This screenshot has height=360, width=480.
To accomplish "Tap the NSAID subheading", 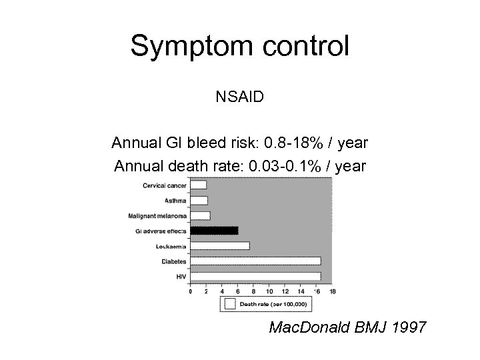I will [x=239, y=97].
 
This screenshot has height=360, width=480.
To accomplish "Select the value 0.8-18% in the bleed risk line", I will [x=294, y=143].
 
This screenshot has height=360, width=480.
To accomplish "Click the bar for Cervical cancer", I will [x=198, y=185].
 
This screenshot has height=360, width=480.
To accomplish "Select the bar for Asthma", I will [x=199, y=200].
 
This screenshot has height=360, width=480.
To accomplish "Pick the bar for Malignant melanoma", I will [x=200, y=215].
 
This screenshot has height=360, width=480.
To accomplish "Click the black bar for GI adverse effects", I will [x=214, y=231].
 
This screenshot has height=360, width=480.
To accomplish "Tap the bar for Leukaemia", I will [x=220, y=246].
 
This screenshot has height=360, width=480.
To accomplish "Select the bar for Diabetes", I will [x=255, y=261].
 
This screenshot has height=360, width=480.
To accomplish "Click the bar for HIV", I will [x=255, y=276].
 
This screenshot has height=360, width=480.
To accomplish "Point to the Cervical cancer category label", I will [x=165, y=185].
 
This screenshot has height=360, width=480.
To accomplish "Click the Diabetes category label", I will [x=174, y=261].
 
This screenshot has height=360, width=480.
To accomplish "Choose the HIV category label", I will [x=181, y=276].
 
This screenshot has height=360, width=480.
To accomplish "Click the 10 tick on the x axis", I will [x=269, y=291].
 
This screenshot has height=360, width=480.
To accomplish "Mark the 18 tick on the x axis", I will [x=332, y=291].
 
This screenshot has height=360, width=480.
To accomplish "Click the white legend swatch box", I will [x=230, y=304].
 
